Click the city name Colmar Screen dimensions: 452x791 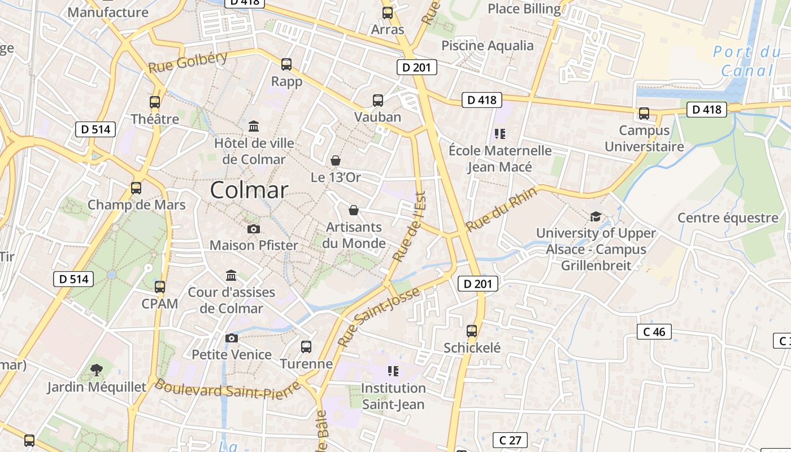(x=249, y=190)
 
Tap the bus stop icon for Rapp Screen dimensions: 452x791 (x=286, y=64)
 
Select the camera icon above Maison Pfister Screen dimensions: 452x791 (x=254, y=229)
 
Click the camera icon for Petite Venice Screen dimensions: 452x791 (x=231, y=338)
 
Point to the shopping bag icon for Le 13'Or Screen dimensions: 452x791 (x=336, y=161)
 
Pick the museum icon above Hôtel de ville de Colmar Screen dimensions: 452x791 (x=254, y=125)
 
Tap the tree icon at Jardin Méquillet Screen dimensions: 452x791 (x=97, y=370)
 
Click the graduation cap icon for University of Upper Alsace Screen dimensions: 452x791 (x=596, y=216)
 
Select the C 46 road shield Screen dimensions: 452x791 (x=654, y=332)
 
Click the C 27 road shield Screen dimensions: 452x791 (x=510, y=440)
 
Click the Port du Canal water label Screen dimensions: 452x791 (x=747, y=61)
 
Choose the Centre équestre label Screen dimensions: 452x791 (x=728, y=218)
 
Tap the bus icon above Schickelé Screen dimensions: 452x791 (x=472, y=331)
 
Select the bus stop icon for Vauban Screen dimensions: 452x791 (x=378, y=101)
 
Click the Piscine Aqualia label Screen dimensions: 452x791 (x=487, y=45)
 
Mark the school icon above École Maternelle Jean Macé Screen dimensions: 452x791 (x=499, y=134)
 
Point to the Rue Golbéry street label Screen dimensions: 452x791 (x=188, y=62)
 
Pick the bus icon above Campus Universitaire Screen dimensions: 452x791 (x=644, y=114)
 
